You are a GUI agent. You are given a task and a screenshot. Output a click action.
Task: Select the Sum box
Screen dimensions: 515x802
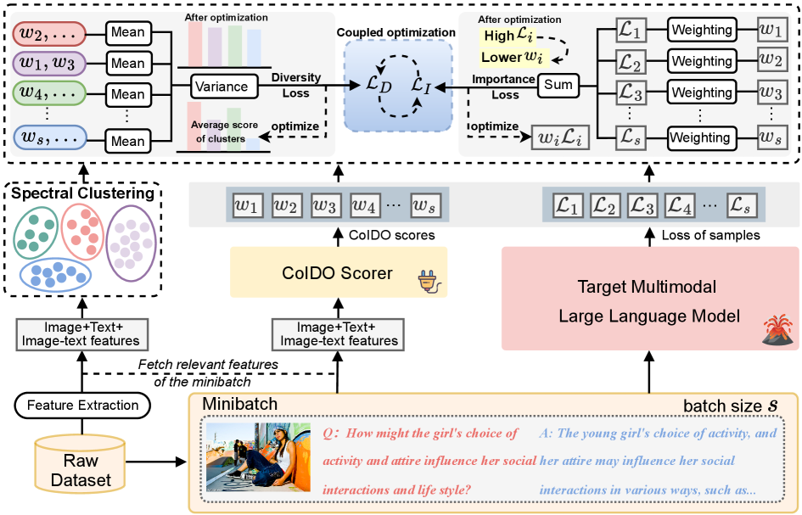tap(558, 84)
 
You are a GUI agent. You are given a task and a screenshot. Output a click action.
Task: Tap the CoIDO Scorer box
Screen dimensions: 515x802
tap(338, 273)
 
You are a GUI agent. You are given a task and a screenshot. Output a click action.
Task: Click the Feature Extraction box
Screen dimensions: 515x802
tap(82, 406)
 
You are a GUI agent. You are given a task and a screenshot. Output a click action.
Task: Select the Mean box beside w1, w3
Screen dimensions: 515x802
tap(127, 63)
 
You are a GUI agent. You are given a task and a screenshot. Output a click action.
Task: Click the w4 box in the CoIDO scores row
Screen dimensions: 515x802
tap(365, 205)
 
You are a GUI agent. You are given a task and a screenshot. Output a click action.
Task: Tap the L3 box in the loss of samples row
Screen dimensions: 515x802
tap(642, 205)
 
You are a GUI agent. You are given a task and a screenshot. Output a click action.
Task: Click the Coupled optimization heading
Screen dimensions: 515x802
tap(396, 33)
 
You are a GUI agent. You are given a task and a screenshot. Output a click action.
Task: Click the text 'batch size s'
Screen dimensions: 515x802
tap(732, 406)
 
